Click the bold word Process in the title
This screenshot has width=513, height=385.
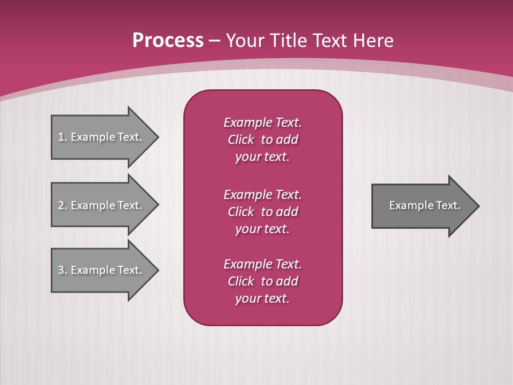point(168,41)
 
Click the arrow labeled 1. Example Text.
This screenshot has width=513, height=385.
point(102,137)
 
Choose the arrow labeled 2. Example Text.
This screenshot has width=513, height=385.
point(102,205)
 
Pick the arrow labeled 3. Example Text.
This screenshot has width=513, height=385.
point(102,270)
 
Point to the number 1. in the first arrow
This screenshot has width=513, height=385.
point(63,137)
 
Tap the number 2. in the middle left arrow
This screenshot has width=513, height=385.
point(63,205)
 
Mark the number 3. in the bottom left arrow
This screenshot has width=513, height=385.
point(63,270)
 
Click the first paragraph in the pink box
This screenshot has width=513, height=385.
point(262,140)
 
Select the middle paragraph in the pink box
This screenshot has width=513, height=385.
point(262,212)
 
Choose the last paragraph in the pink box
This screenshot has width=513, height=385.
point(262,281)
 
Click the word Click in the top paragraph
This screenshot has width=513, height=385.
point(241,140)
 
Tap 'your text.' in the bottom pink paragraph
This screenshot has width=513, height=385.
point(262,298)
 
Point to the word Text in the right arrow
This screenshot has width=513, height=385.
point(448,205)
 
